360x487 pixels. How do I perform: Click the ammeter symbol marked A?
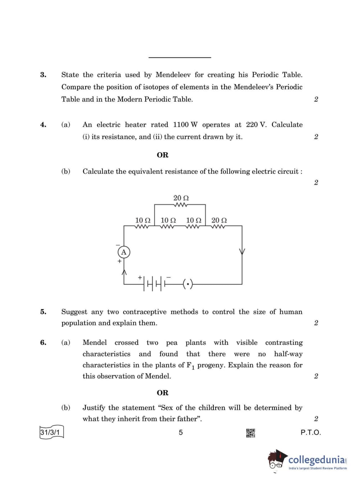pyautogui.click(x=124, y=252)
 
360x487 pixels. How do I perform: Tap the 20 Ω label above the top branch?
pyautogui.click(x=181, y=198)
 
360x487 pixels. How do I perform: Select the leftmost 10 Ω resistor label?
pyautogui.click(x=143, y=220)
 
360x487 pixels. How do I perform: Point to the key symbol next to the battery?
pyautogui.click(x=188, y=284)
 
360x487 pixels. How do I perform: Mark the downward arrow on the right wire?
pyautogui.click(x=242, y=251)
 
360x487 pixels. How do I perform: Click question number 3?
pyautogui.click(x=43, y=75)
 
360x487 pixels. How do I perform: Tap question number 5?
pyautogui.click(x=43, y=312)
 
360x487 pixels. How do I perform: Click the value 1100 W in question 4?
pyautogui.click(x=185, y=125)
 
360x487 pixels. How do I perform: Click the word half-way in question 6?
pyautogui.click(x=288, y=354)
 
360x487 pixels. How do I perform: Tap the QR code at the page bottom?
pyautogui.click(x=250, y=433)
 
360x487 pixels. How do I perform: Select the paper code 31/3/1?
pyautogui.click(x=50, y=432)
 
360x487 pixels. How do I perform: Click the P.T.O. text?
pyautogui.click(x=311, y=432)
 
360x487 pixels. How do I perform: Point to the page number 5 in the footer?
pyautogui.click(x=181, y=432)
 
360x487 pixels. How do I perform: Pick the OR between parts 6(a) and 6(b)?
pyautogui.click(x=162, y=393)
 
